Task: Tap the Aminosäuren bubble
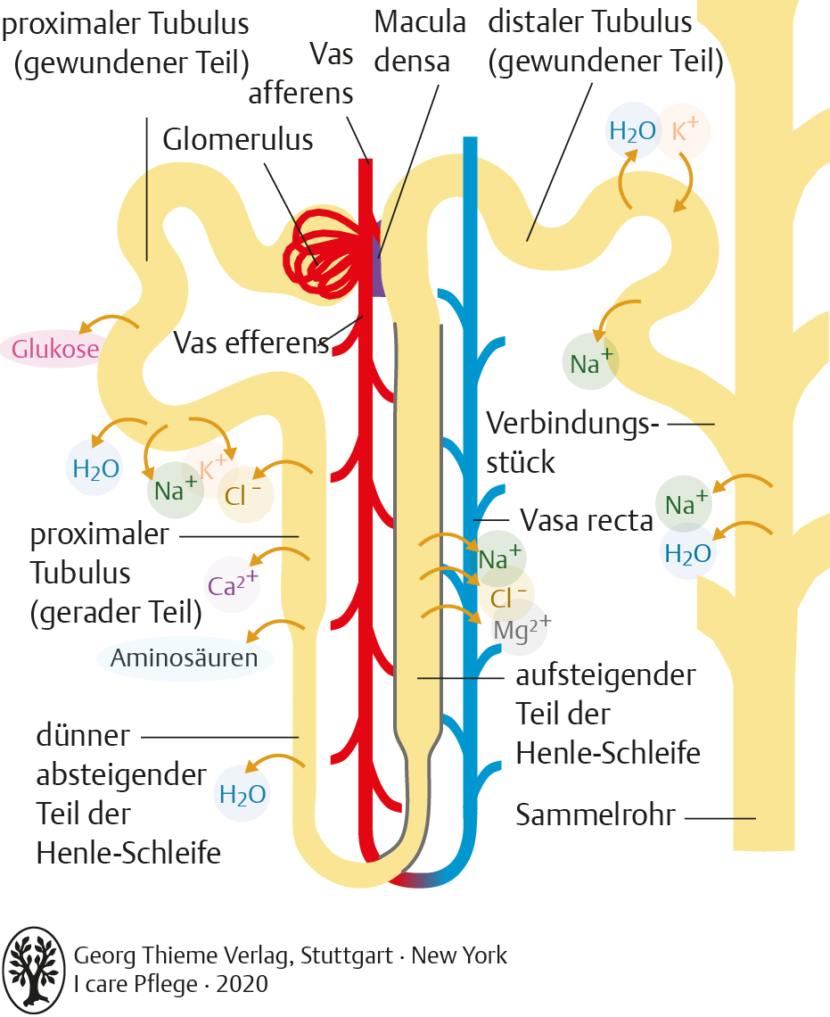185,658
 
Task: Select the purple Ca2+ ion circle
232,584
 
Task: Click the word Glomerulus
238,139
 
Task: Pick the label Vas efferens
251,343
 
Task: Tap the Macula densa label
420,42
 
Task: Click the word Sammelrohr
596,815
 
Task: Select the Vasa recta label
587,520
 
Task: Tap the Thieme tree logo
34,970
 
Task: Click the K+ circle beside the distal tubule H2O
683,131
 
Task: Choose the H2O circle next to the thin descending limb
242,794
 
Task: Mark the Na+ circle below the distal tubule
590,361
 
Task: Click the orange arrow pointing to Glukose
109,322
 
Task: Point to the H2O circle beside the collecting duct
688,552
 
